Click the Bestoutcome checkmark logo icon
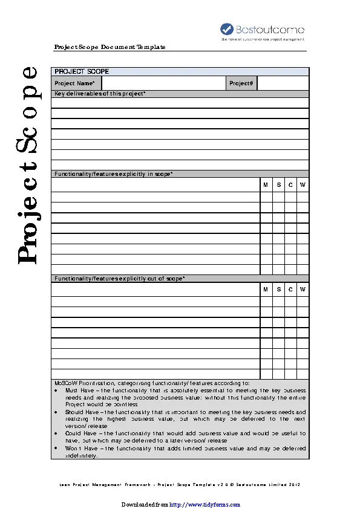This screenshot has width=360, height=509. pos(226,28)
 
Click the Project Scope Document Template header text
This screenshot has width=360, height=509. pos(110,47)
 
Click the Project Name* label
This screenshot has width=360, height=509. pos(74,83)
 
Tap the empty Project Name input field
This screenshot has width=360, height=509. pos(164,83)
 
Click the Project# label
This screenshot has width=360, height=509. pos(241,83)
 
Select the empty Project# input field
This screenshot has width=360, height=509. pos(283,83)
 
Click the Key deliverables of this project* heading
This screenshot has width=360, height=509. pos(100,94)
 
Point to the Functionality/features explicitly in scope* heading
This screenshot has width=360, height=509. pos(114,174)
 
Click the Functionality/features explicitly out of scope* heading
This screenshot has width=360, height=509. pos(120,279)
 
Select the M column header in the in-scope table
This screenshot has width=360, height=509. pos(266,184)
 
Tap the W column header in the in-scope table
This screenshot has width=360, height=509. pos(303,184)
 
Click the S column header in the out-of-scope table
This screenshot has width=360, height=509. pos(278,290)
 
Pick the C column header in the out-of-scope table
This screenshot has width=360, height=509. pos(290,290)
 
